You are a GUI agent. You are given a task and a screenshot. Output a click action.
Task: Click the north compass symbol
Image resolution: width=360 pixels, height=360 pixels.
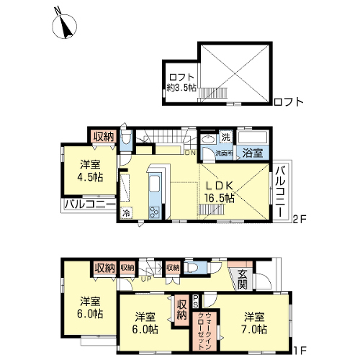[64, 26]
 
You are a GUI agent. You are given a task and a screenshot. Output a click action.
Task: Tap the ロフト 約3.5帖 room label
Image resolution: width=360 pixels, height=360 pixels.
[181, 83]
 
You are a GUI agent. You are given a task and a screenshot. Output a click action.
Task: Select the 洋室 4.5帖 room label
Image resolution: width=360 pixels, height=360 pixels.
[90, 171]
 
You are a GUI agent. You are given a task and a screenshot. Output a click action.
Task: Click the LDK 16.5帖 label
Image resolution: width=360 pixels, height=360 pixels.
[219, 192]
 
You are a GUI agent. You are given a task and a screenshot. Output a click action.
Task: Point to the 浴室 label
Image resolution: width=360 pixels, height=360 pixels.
[253, 153]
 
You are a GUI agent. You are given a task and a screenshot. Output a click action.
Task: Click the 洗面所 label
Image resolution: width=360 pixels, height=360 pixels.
[224, 153]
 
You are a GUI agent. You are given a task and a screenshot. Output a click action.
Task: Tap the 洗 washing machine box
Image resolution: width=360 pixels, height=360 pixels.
[225, 138]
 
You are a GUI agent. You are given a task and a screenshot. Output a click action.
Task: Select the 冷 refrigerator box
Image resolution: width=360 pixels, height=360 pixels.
[126, 212]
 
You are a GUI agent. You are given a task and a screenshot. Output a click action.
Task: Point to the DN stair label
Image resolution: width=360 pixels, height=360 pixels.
[191, 153]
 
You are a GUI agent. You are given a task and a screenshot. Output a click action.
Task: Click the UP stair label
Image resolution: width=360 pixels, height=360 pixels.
[146, 279]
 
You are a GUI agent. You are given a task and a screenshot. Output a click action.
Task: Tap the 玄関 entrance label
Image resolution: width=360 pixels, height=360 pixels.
[243, 279]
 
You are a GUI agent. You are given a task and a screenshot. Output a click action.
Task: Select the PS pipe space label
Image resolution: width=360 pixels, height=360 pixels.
[196, 301]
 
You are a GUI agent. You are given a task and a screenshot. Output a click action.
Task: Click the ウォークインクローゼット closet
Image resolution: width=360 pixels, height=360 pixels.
[204, 330]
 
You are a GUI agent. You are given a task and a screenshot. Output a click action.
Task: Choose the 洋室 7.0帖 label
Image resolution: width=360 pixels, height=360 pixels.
[254, 323]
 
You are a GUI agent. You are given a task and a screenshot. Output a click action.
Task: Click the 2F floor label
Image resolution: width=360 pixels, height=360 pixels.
[299, 219]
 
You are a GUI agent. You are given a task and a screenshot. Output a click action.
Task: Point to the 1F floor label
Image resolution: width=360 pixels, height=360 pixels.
[299, 351]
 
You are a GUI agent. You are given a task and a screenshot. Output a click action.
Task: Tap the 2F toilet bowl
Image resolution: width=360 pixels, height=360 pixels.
[125, 139]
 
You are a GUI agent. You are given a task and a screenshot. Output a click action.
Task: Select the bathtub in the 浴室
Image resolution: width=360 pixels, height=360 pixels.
[253, 138]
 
